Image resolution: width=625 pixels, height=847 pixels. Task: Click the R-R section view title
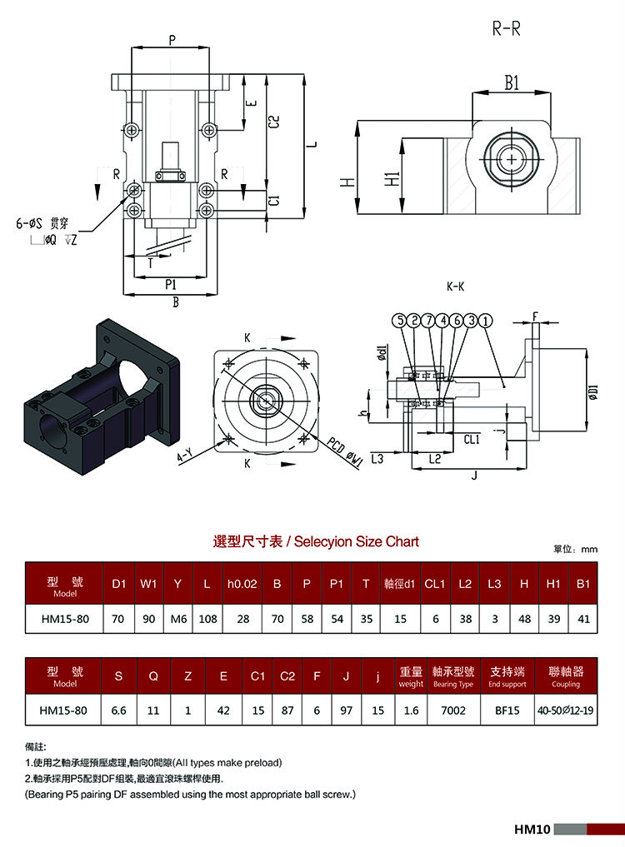[506, 28]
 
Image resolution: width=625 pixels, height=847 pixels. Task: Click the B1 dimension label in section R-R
[512, 82]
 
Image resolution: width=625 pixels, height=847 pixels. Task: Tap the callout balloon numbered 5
[399, 321]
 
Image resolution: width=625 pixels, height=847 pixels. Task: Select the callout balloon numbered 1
[486, 321]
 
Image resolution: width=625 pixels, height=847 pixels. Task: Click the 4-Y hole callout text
[185, 456]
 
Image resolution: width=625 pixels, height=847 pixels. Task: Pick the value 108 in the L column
[207, 619]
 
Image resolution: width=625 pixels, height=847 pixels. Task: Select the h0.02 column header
[242, 584]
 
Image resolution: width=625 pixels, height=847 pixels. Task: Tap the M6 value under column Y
[178, 619]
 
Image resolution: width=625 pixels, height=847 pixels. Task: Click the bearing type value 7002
[453, 710]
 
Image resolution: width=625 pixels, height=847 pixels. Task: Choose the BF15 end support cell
[507, 710]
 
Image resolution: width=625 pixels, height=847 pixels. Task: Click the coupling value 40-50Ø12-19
[566, 710]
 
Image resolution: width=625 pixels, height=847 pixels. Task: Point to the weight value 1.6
[411, 710]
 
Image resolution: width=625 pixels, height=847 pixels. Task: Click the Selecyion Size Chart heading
[357, 542]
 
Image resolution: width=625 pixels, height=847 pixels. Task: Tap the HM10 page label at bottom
[532, 830]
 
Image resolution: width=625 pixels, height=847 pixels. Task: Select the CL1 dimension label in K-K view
[472, 440]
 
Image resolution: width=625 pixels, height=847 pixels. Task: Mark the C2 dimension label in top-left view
[274, 121]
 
